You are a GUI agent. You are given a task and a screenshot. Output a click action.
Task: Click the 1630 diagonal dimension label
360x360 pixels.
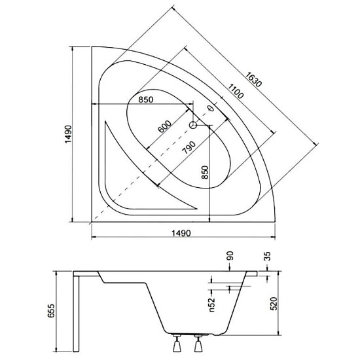coord(253,79)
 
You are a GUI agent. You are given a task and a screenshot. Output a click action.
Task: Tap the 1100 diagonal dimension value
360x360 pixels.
coord(235,91)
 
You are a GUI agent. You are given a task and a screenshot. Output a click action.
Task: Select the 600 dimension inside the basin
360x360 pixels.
coord(165,126)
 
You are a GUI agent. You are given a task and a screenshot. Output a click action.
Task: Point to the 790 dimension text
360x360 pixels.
coord(189,147)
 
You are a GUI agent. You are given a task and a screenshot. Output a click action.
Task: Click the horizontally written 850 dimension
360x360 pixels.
coord(146,99)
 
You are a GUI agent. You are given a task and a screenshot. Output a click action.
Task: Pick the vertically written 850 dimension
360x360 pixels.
coord(205,172)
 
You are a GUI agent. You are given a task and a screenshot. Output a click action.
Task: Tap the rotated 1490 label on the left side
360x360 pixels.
coord(68,134)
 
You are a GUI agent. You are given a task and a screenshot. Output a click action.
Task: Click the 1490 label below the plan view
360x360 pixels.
coord(181,233)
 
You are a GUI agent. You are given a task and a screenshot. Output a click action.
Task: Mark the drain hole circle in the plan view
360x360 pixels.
coord(193,125)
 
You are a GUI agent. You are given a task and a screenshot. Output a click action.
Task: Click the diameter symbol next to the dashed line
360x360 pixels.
coord(210,108)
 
